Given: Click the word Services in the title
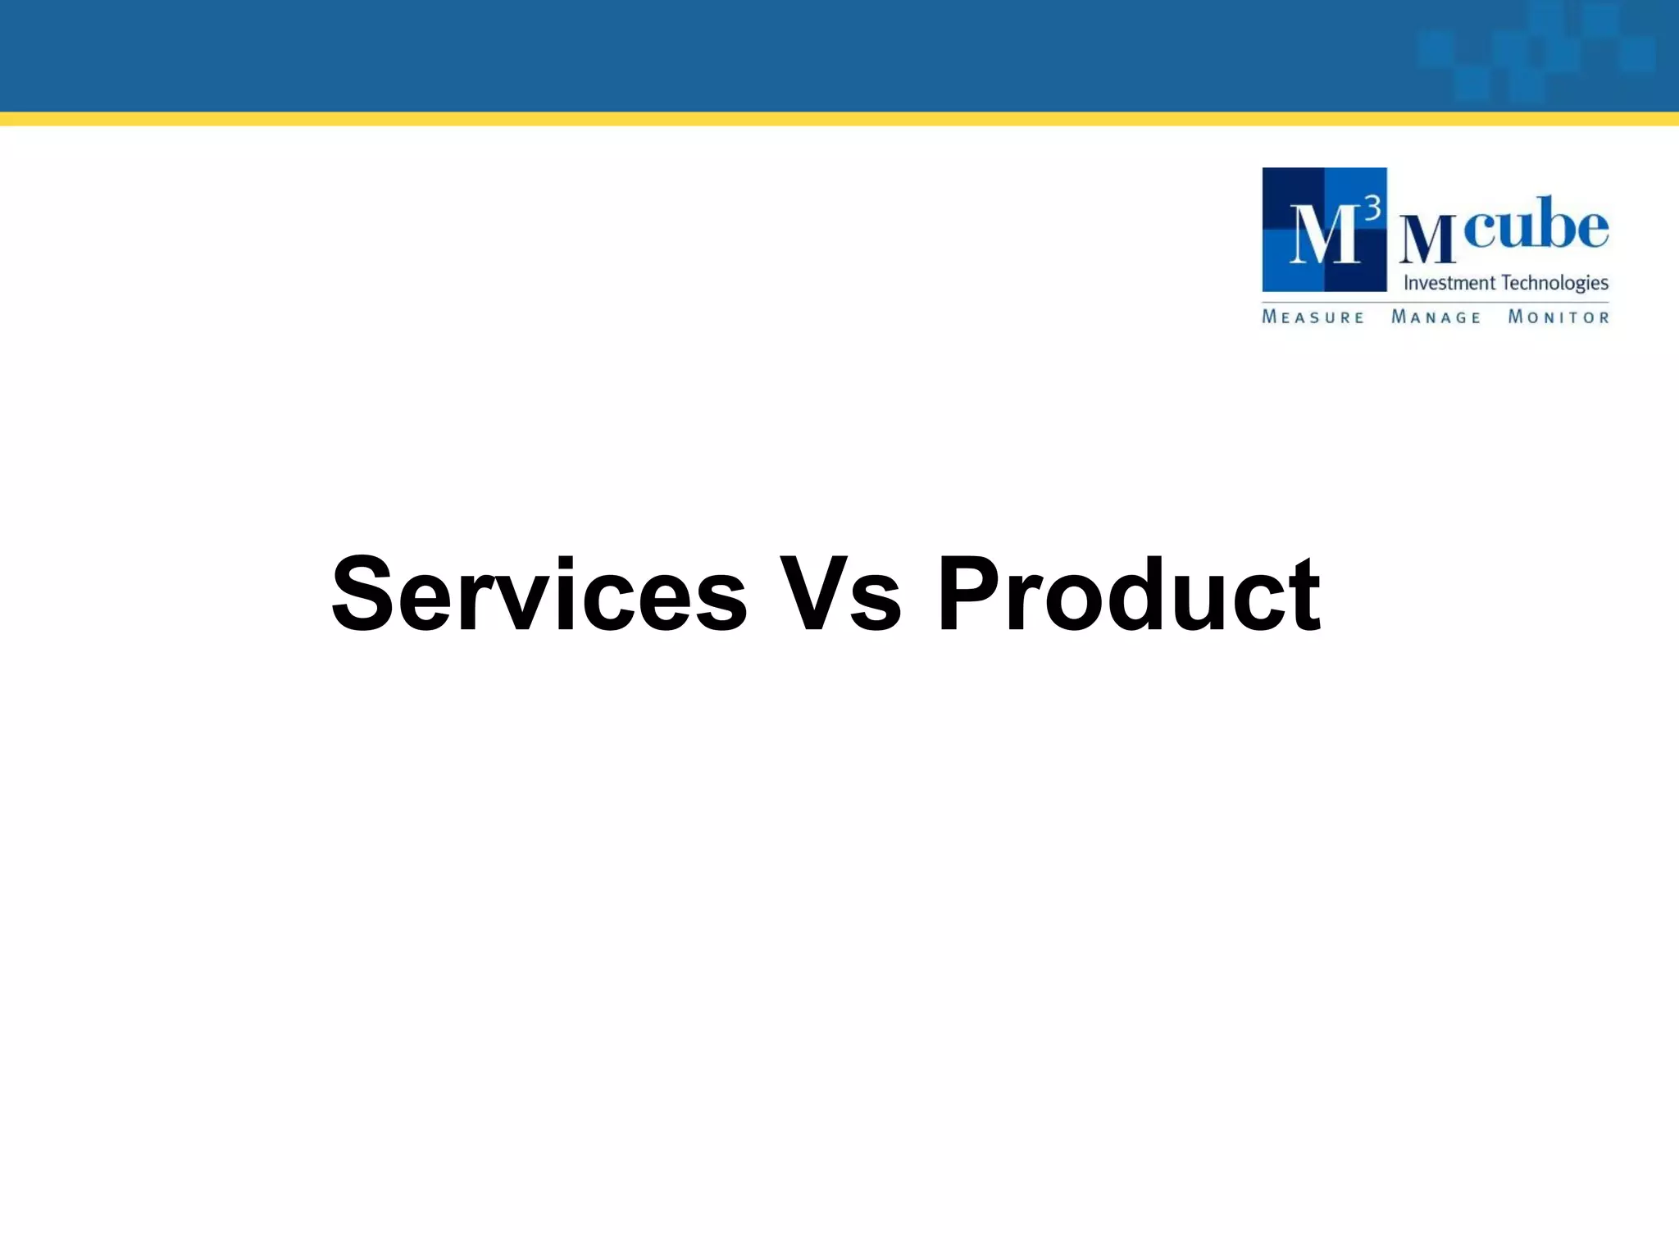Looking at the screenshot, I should [539, 594].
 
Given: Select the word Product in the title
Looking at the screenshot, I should [1128, 594].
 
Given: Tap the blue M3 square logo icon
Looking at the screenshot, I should [1324, 230].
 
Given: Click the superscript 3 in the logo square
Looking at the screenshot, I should [1372, 211].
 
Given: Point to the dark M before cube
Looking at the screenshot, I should [1427, 239].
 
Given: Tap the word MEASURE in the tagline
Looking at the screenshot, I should [1313, 317].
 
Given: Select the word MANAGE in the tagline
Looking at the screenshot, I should [1436, 317].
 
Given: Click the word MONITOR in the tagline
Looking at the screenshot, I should [1558, 317].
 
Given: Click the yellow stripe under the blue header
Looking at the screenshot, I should [839, 119].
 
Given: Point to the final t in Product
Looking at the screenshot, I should [1306, 594].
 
